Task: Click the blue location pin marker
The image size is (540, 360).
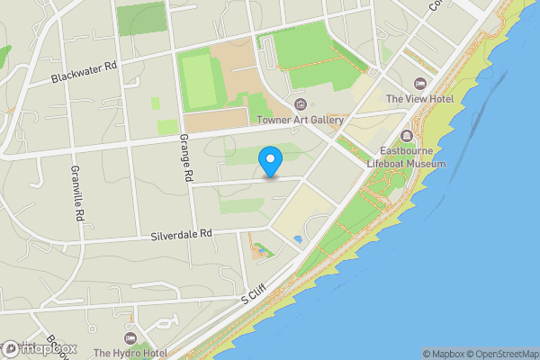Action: click(270, 162)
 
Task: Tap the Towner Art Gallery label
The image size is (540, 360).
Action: click(301, 120)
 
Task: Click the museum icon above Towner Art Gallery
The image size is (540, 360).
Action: click(301, 105)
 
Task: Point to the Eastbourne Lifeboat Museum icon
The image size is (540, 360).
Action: click(407, 136)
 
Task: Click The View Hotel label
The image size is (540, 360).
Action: click(420, 98)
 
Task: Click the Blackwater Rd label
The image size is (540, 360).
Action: click(85, 72)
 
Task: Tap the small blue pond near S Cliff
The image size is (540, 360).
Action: click(298, 239)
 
